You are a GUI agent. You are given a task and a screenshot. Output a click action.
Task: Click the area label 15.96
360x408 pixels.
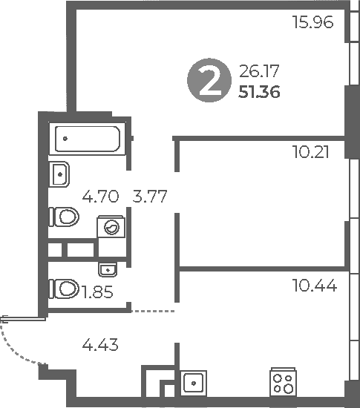tap(312, 22)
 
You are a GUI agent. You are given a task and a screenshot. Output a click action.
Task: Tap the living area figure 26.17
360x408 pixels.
tap(259, 71)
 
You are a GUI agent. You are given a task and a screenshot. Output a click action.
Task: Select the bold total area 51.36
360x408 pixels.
tap(259, 92)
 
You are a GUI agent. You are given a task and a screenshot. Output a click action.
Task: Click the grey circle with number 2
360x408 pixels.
tap(209, 80)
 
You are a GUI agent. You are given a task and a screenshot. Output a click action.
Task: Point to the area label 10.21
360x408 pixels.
tap(310, 152)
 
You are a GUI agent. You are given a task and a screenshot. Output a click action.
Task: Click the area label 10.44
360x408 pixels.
tap(315, 285)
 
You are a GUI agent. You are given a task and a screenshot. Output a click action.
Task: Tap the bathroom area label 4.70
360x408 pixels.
tap(100, 196)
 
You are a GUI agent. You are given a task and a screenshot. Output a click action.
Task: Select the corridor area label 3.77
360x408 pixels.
tap(150, 196)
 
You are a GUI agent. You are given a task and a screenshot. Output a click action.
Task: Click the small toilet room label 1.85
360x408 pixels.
tap(97, 292)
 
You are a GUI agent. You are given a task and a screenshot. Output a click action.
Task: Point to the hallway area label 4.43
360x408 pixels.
tap(100, 344)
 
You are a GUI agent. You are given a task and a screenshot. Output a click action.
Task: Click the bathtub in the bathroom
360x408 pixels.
tap(88, 139)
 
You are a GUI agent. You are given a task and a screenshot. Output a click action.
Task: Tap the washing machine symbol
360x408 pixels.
tap(111, 227)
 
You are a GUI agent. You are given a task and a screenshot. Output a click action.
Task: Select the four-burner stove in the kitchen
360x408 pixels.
tap(283, 382)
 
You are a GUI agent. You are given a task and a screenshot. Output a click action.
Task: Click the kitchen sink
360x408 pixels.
tap(194, 384)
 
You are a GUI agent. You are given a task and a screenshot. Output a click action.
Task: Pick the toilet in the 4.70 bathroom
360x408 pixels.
tap(64, 217)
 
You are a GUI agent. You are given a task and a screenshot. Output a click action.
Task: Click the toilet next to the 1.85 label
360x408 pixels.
tap(64, 289)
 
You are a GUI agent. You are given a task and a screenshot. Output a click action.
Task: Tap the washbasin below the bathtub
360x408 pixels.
tap(59, 174)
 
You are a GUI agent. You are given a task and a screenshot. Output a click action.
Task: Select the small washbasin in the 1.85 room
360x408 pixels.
tap(108, 269)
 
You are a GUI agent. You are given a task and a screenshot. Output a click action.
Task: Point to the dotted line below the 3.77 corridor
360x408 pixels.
tap(153, 311)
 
